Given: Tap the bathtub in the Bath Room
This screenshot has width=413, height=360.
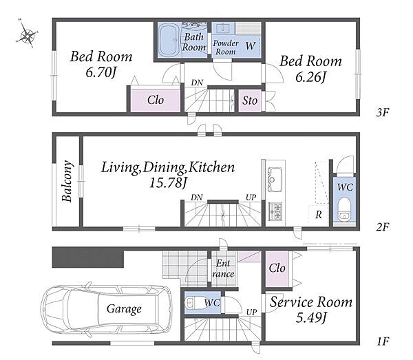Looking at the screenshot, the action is (170, 40).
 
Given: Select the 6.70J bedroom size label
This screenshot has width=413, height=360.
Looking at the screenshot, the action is (101, 72).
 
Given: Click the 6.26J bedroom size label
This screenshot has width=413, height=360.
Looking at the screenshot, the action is (311, 77).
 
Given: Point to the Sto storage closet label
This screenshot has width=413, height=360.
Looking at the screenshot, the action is (250, 100).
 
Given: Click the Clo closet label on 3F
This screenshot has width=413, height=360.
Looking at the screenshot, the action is (156, 100).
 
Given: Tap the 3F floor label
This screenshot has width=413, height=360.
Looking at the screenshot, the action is (383, 112).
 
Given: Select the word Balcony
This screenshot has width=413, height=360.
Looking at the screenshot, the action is (67, 181).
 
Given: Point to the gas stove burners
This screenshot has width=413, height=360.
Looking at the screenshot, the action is (275, 211).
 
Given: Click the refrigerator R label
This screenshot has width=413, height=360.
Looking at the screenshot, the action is (319, 215).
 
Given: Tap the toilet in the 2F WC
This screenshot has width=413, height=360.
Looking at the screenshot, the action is (344, 209).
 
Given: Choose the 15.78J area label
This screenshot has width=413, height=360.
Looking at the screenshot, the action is (168, 182).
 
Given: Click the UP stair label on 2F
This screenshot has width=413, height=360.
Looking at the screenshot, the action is (251, 198).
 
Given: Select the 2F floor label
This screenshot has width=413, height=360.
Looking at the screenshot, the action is (383, 226).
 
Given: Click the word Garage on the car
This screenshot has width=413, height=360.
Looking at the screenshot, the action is (124, 308).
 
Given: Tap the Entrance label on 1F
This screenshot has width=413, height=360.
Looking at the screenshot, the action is (223, 268).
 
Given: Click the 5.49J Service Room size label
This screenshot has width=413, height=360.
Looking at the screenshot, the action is (311, 318).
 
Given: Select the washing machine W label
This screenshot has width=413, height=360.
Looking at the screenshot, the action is (251, 45).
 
